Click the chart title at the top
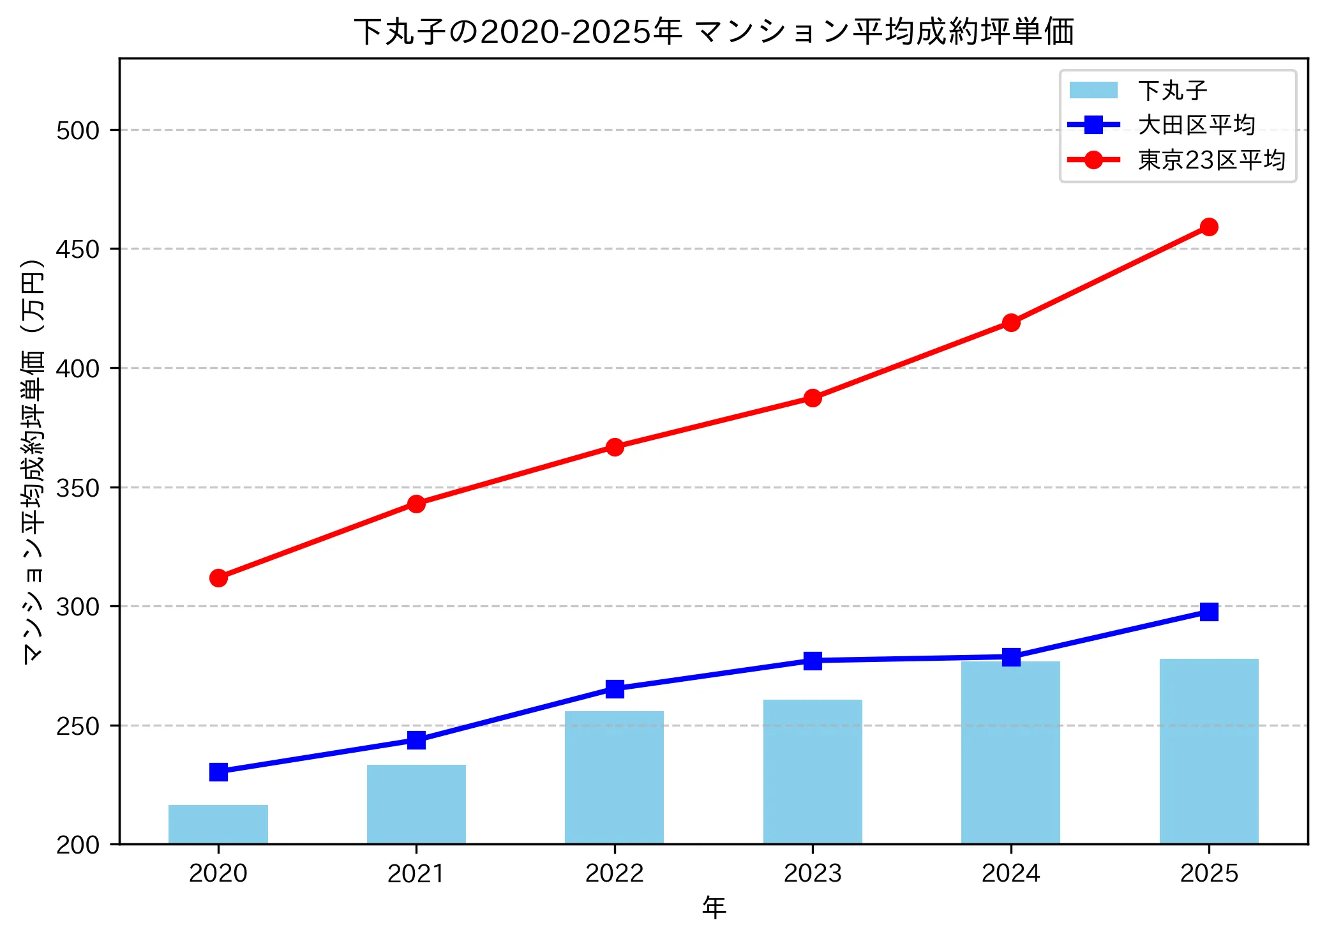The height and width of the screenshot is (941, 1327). pyautogui.click(x=714, y=32)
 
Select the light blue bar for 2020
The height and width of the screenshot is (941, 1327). pyautogui.click(x=218, y=824)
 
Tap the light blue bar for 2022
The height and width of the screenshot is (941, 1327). pyautogui.click(x=614, y=778)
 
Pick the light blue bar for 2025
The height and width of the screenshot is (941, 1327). pyautogui.click(x=1208, y=751)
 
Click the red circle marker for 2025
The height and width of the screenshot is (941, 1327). pyautogui.click(x=1208, y=227)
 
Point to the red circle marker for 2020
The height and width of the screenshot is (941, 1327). pyautogui.click(x=218, y=578)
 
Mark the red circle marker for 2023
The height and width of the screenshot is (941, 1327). pyautogui.click(x=813, y=398)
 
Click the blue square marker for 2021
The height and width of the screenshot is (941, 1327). pyautogui.click(x=416, y=740)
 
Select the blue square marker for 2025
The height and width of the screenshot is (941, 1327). pyautogui.click(x=1208, y=612)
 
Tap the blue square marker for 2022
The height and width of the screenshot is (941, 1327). pyautogui.click(x=614, y=688)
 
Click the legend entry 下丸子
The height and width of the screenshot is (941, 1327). pyautogui.click(x=1172, y=91)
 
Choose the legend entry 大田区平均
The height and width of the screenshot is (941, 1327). pyautogui.click(x=1196, y=125)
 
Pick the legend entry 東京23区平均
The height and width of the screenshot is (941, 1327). pyautogui.click(x=1211, y=160)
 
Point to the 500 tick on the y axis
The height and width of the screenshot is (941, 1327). pyautogui.click(x=78, y=130)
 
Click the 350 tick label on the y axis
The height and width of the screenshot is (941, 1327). pyautogui.click(x=78, y=488)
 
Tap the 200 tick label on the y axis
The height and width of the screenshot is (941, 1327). pyautogui.click(x=78, y=845)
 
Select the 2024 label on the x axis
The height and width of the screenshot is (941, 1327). pyautogui.click(x=1010, y=873)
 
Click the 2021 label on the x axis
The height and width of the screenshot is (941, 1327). pyautogui.click(x=416, y=873)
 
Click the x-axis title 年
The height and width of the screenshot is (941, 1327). pyautogui.click(x=714, y=907)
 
